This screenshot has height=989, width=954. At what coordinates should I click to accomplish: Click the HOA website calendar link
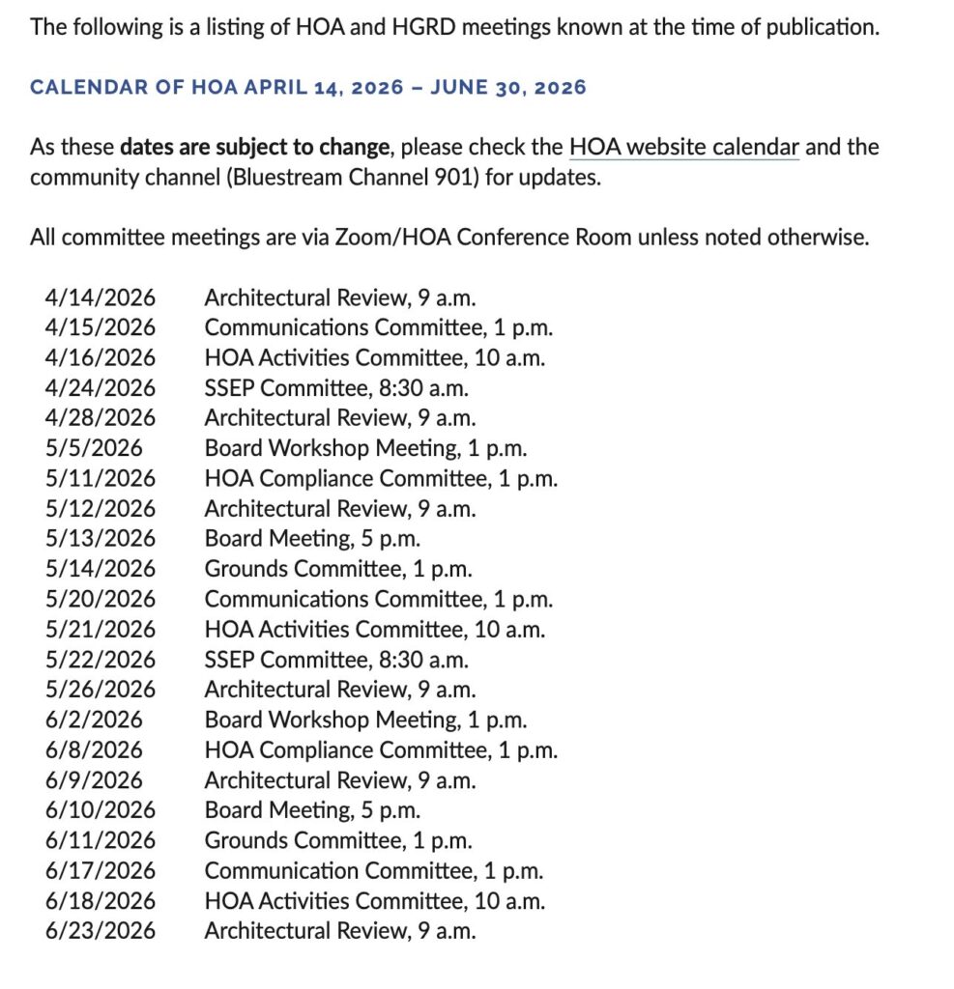click(x=683, y=148)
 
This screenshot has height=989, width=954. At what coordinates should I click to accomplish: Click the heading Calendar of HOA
click(x=307, y=88)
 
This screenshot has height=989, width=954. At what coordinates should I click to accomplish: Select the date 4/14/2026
click(x=100, y=297)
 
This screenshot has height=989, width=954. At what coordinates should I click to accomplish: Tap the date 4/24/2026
click(x=100, y=388)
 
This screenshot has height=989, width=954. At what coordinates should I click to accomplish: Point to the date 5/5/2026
click(x=93, y=448)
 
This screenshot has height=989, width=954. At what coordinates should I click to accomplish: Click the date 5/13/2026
click(x=100, y=539)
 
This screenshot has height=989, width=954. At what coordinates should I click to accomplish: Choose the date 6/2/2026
click(x=93, y=720)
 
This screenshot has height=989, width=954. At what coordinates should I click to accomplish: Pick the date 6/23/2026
click(x=100, y=931)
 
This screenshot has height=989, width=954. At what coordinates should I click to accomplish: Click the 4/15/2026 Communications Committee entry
click(x=378, y=327)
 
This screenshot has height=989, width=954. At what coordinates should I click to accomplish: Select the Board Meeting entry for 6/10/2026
click(x=312, y=810)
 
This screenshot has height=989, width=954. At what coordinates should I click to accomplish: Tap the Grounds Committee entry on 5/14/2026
click(x=337, y=569)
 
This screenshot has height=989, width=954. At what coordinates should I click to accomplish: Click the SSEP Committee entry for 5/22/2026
click(x=335, y=660)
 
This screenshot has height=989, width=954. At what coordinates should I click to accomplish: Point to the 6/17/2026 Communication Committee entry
click(x=373, y=871)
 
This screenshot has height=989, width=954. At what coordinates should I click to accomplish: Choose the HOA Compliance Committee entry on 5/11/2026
click(x=380, y=478)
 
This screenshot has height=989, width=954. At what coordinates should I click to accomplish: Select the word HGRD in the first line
click(x=422, y=26)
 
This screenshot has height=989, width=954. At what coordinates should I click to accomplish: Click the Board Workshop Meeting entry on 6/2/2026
click(x=365, y=720)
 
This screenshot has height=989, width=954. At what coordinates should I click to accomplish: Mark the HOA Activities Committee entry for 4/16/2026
click(x=374, y=357)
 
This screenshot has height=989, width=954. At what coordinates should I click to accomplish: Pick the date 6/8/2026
click(x=93, y=750)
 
